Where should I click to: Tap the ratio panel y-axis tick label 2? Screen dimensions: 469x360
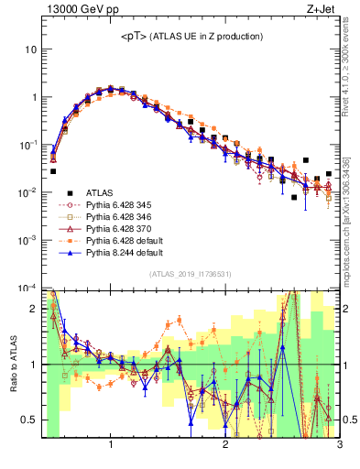(35, 309)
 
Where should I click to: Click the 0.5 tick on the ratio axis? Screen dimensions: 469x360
(30, 420)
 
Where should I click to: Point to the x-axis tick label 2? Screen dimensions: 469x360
(224, 446)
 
